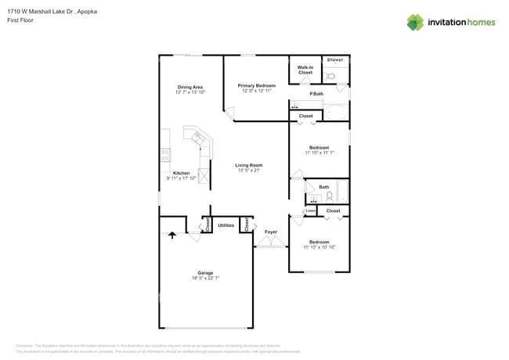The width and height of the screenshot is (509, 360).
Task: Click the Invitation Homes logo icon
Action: pos(415,22)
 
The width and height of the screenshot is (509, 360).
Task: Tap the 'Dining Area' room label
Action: pos(190,87)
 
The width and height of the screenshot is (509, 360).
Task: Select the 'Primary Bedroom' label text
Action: pos(256,85)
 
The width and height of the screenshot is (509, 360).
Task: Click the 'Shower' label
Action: pos(334,59)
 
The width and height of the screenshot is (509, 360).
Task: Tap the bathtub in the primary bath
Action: pos(337,111)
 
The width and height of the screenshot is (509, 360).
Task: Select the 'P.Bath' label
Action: pos(316,95)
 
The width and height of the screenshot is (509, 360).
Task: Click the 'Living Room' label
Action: pos(249,165)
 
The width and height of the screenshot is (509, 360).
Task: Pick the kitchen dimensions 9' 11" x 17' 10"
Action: pos(181,178)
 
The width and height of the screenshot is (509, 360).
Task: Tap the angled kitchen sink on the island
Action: pos(197,139)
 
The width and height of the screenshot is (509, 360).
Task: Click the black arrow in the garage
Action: pos(172,233)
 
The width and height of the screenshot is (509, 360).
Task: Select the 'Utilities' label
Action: pos(226,225)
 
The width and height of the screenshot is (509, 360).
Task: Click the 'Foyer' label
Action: pos(271,232)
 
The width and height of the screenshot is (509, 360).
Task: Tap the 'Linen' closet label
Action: pos(310,211)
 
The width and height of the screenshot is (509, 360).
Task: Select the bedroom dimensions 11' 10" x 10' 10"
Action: pos(319,247)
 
